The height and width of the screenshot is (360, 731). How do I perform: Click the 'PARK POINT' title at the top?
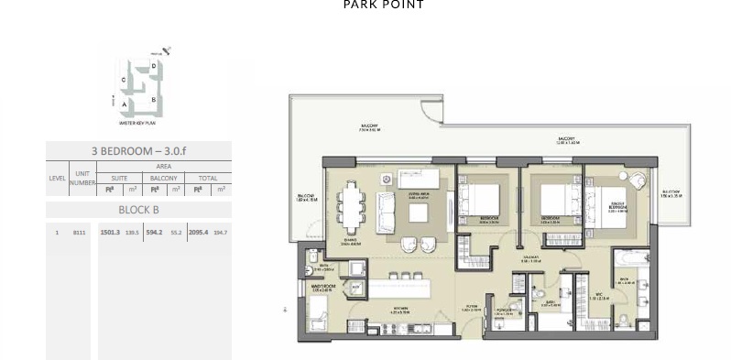pyautogui.click(x=383, y=5)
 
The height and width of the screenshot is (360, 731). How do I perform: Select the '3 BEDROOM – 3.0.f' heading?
pyautogui.click(x=138, y=151)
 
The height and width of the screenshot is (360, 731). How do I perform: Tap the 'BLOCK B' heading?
pyautogui.click(x=138, y=210)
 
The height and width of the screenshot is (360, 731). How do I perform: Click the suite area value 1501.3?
pyautogui.click(x=110, y=233)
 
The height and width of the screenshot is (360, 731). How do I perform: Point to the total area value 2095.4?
pyautogui.click(x=198, y=233)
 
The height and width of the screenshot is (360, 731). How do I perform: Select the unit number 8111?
pyautogui.click(x=81, y=233)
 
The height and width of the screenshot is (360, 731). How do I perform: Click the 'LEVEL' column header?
pyautogui.click(x=57, y=178)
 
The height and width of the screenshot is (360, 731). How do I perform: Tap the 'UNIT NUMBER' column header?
pyautogui.click(x=82, y=178)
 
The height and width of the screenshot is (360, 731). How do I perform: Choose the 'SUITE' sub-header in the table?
pyautogui.click(x=119, y=178)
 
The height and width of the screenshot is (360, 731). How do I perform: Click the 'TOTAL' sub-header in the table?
pyautogui.click(x=208, y=178)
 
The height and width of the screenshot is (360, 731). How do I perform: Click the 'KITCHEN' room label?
pyautogui.click(x=399, y=311)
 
